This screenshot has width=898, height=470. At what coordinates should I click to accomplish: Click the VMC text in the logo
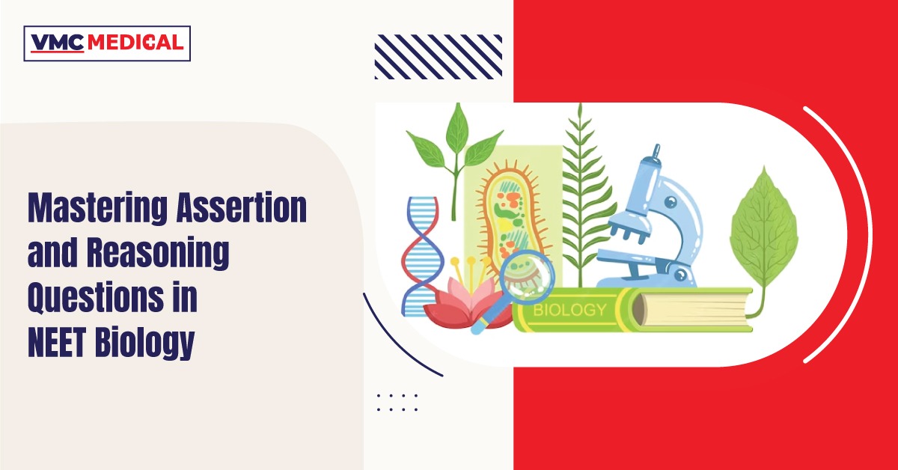(58, 43)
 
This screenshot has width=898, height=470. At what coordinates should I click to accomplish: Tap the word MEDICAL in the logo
(135, 43)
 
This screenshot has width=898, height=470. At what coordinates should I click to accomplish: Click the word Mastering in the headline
(97, 209)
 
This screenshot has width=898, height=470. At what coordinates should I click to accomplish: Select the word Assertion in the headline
(242, 208)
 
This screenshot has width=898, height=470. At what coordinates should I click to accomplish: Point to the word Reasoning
(158, 253)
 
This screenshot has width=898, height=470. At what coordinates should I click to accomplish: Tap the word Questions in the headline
(96, 298)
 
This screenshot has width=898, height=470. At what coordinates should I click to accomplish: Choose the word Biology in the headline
(144, 344)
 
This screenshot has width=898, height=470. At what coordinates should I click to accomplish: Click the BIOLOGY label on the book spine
(569, 310)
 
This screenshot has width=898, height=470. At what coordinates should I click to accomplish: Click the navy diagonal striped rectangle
(439, 57)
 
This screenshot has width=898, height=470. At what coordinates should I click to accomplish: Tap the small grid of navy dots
(397, 402)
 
